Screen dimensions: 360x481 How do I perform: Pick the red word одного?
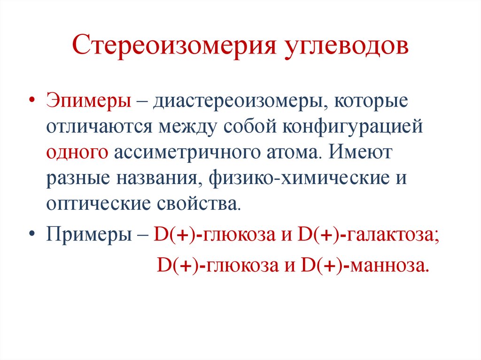(x=78, y=153)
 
